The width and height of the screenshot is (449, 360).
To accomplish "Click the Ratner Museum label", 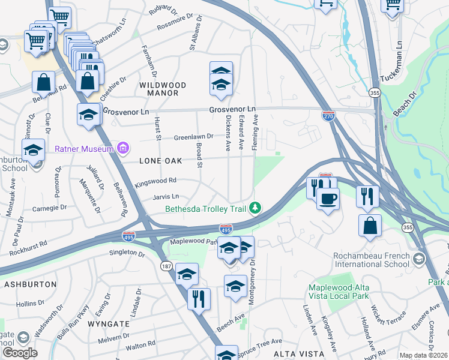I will click(x=84, y=149).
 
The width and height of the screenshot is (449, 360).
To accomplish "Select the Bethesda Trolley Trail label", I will click(x=206, y=209).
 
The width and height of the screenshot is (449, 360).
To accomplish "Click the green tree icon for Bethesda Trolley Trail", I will click(x=256, y=208).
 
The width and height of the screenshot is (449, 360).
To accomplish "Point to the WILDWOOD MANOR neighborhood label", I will click(x=163, y=89).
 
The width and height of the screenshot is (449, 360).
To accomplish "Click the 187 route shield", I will click(x=164, y=265).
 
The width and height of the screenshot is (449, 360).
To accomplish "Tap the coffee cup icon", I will click(x=328, y=199).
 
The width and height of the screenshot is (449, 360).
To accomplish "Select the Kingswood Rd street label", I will click(x=155, y=180).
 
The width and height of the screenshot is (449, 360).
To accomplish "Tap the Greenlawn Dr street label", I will click(x=194, y=137).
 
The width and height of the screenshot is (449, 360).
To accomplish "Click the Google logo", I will click(x=20, y=353).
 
